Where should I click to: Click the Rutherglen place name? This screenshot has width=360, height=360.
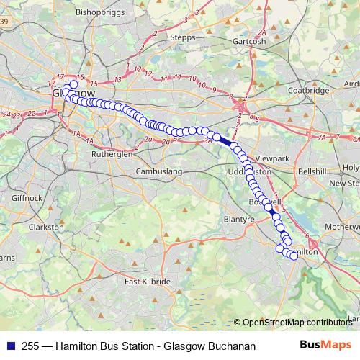pyautogui.click(x=112, y=154)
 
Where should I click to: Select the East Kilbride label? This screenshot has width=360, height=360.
pyautogui.click(x=146, y=282)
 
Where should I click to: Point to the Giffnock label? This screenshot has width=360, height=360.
pyautogui.click(x=27, y=197)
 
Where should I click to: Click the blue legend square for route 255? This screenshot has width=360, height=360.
pyautogui.click(x=10, y=346)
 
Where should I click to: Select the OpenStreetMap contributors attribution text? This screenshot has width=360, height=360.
pyautogui.click(x=296, y=323)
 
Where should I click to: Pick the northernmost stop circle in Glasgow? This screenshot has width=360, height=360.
pyautogui.click(x=73, y=84)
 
